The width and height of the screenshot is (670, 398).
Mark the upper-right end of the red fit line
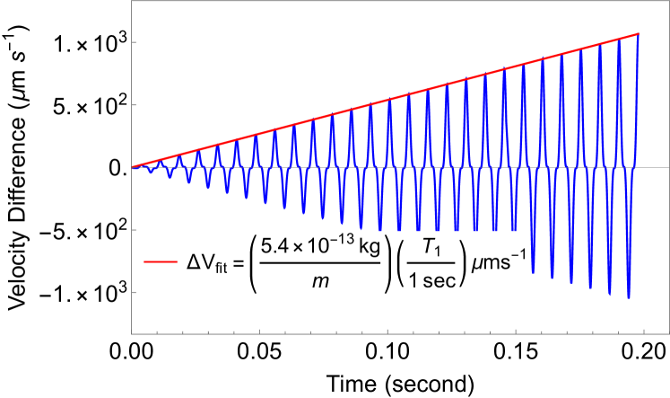(638, 34)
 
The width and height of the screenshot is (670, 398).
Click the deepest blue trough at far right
(630, 297)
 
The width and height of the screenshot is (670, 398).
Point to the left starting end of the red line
(133, 166)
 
